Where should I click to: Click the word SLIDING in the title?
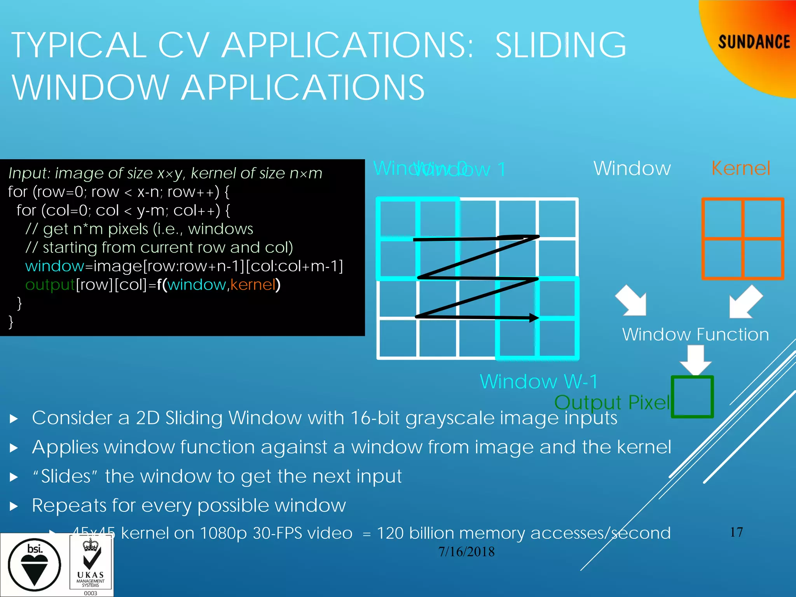(560, 45)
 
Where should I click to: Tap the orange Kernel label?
(741, 168)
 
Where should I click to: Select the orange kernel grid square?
(742, 239)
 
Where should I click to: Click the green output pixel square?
(692, 397)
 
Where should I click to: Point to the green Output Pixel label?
(612, 402)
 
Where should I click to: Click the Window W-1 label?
(539, 381)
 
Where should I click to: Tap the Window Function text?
(695, 335)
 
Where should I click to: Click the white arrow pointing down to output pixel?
(695, 360)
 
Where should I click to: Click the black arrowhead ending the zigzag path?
(534, 318)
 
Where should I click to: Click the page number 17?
(737, 532)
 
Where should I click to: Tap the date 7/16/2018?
(466, 552)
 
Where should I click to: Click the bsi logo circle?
(34, 565)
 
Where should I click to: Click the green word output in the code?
(50, 285)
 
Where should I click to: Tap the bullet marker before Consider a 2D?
(14, 419)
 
